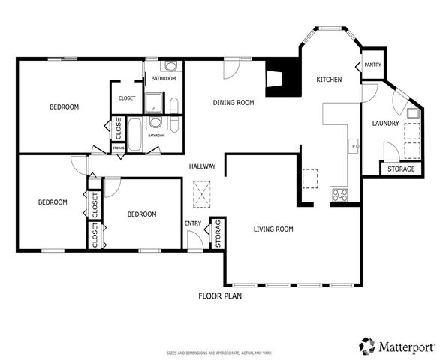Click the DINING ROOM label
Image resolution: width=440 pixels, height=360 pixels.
click(234, 103)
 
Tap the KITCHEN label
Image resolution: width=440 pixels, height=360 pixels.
click(329, 79)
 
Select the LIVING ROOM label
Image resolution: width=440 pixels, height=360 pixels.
click(273, 229)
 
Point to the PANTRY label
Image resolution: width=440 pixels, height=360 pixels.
click(372, 64)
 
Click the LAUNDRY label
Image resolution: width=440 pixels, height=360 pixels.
click(385, 123)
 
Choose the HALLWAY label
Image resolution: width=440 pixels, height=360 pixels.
click(202, 166)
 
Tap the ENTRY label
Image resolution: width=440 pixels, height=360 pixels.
click(193, 223)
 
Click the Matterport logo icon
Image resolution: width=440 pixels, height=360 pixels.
click(367, 346)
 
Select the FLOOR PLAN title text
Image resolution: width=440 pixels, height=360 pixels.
click(219, 295)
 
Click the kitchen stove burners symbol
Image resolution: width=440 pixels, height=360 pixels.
click(340, 196)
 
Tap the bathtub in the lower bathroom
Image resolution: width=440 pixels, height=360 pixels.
click(136, 134)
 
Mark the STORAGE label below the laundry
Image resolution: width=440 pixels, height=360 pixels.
click(401, 169)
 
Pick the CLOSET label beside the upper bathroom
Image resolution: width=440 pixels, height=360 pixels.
click(127, 97)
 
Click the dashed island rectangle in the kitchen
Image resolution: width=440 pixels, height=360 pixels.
click(309, 178)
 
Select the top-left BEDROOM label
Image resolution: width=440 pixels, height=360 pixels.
click(64, 107)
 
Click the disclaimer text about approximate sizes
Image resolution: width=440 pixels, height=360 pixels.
click(219, 352)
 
